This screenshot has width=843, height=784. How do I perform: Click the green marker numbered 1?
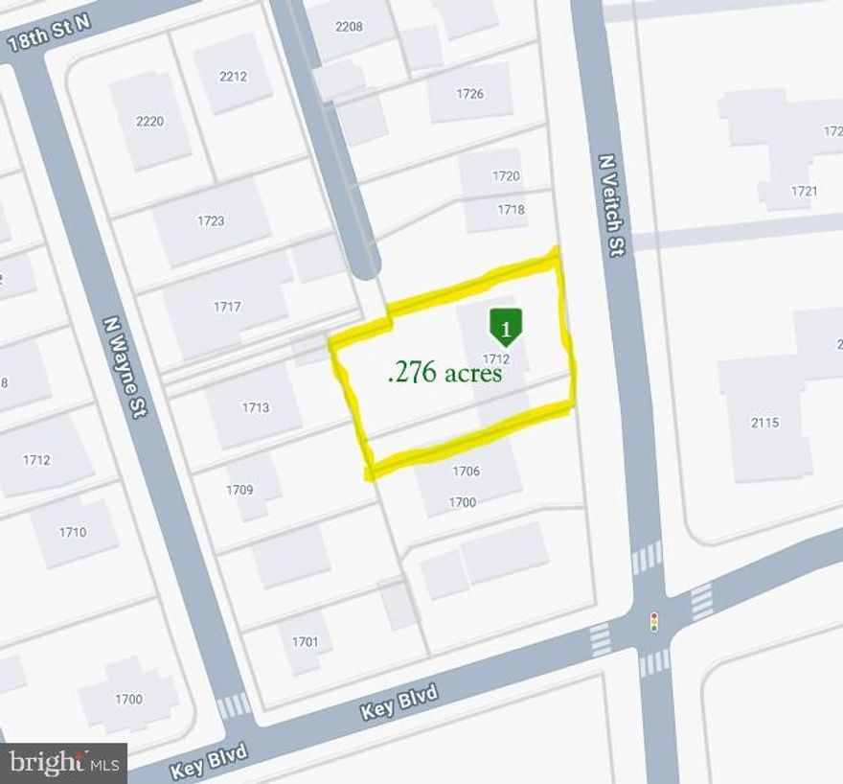tap(506, 327)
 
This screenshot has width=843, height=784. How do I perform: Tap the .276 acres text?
tap(444, 373)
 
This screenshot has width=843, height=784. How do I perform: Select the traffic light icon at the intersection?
tap(654, 621)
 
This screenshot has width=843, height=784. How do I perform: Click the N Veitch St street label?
tap(610, 206)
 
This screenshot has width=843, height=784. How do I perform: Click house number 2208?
tap(349, 27)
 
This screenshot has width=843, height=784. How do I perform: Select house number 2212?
tap(233, 77)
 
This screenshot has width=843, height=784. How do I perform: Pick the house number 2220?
tap(150, 122)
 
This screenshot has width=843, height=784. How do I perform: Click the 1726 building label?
tap(469, 94)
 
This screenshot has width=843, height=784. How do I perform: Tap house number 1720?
tap(506, 176)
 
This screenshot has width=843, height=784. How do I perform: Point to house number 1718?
tap(511, 209)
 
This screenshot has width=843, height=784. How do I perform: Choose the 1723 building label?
tap(211, 221)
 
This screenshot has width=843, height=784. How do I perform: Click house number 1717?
tap(227, 308)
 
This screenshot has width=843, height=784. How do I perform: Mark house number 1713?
tap(255, 407)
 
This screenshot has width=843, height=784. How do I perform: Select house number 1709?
tap(239, 490)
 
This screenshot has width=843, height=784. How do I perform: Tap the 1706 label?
tap(466, 471)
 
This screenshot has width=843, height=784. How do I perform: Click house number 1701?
tap(304, 642)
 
